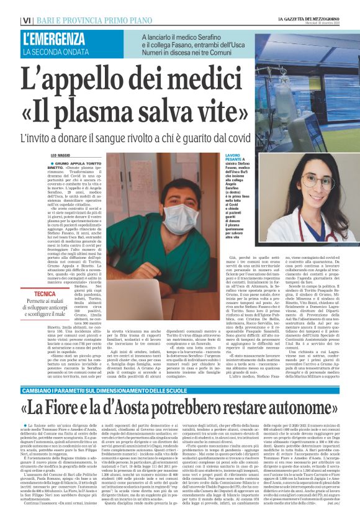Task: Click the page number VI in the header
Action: tap(9, 20)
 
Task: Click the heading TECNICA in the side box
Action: tap(45, 294)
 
